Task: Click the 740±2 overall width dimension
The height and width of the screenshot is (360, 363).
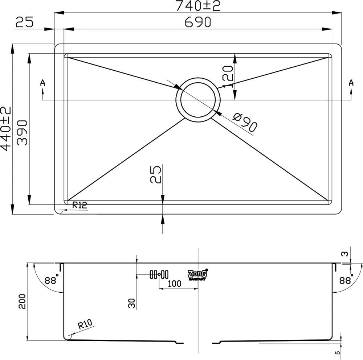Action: click(x=198, y=5)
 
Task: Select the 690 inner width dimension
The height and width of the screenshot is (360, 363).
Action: click(x=198, y=22)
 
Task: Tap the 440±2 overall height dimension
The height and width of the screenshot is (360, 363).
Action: click(x=6, y=129)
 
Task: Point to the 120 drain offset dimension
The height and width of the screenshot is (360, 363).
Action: click(x=227, y=76)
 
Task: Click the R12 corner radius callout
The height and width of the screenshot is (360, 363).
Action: click(x=79, y=205)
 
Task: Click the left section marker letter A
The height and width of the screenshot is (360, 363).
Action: click(x=43, y=83)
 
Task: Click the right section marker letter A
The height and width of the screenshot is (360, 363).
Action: click(x=351, y=83)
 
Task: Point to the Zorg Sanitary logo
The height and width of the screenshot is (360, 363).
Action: click(x=197, y=274)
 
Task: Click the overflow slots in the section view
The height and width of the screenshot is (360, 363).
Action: click(x=159, y=274)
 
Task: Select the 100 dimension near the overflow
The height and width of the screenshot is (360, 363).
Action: click(x=175, y=284)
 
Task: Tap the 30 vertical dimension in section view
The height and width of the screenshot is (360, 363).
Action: click(x=132, y=302)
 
